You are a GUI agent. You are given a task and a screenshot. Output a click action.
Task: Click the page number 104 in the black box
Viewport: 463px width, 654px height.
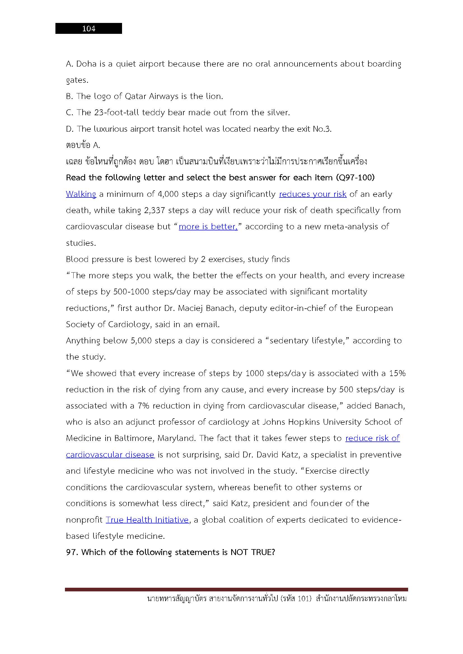89,29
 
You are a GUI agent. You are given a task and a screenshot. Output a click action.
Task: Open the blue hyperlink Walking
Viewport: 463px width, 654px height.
81,194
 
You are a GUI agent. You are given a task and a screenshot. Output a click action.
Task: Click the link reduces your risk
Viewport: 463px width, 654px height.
312,194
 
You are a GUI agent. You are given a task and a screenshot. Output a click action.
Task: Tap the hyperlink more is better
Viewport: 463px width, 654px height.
208,227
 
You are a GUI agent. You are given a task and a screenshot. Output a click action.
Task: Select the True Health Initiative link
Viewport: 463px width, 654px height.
147,520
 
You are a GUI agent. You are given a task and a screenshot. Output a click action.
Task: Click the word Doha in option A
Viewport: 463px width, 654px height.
86,64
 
